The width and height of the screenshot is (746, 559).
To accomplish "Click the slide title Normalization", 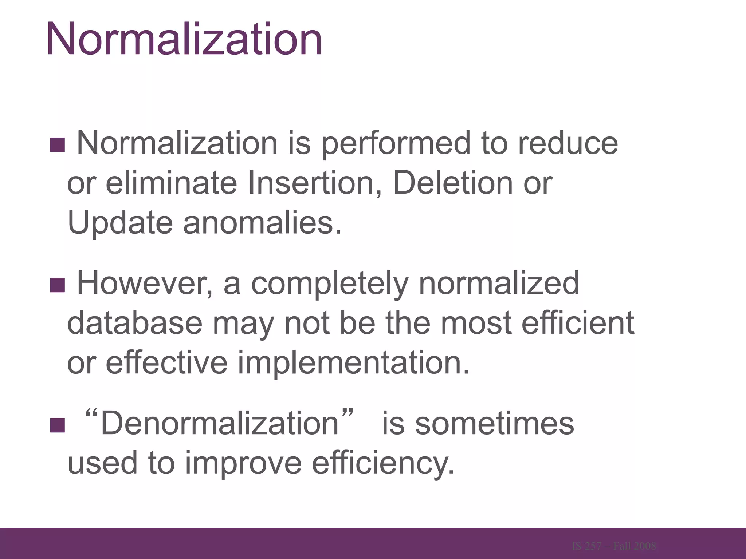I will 184,39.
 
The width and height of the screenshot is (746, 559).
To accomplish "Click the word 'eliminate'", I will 171,183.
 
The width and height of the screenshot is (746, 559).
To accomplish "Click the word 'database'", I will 135,323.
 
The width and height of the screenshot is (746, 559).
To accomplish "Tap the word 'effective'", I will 167,362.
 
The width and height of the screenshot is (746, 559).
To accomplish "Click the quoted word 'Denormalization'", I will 220,423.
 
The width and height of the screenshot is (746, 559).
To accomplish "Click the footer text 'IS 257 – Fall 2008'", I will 614,546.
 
